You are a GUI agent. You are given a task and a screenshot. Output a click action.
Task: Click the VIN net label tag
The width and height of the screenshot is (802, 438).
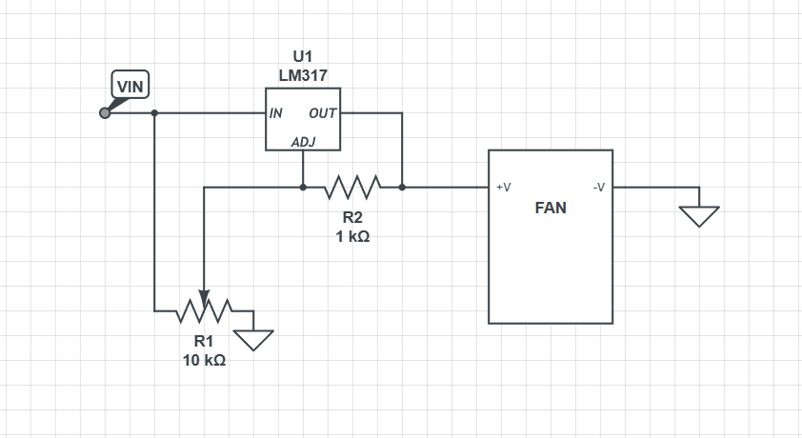tap(130, 85)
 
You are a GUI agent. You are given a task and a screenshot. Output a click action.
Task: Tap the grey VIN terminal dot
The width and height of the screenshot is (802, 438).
tap(105, 113)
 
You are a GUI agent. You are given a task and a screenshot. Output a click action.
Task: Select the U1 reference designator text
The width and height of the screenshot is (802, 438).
tap(302, 56)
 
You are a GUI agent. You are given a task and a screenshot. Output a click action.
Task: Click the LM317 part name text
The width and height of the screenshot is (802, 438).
tap(303, 75)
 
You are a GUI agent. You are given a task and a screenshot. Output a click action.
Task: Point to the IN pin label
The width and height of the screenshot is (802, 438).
tap(275, 113)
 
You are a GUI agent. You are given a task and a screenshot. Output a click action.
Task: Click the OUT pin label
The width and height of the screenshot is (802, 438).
tap(322, 113)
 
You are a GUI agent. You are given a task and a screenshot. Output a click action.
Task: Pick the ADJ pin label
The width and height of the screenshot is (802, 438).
tap(303, 142)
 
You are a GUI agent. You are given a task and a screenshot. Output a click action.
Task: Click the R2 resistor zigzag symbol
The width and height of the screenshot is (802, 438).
tap(352, 188)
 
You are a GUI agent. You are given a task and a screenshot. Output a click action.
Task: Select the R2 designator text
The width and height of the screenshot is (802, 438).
tap(352, 218)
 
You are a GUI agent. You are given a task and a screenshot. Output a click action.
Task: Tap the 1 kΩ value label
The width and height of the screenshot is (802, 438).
tap(352, 237)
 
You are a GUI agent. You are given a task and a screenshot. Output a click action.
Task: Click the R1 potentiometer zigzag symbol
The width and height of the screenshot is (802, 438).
tap(204, 310)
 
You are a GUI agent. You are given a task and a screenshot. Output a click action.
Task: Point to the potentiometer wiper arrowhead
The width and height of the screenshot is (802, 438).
tap(204, 297)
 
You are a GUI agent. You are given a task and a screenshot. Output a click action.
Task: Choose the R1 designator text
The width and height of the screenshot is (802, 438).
tap(203, 341)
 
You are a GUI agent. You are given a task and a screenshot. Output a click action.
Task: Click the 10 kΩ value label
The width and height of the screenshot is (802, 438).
tap(204, 360)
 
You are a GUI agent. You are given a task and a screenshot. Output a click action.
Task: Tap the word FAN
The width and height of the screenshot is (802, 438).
tap(551, 208)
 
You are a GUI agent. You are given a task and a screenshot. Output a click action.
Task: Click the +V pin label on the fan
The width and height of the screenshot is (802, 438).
tap(503, 188)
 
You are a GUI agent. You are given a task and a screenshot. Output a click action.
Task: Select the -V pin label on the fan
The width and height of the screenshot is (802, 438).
tap(599, 188)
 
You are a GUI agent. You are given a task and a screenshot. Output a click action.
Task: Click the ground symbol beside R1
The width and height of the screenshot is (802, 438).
tap(253, 340)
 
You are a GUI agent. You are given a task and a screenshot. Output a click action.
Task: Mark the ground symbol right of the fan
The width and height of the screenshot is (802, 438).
tap(699, 217)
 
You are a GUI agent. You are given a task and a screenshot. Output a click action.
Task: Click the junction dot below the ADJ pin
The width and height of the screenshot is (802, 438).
tap(303, 188)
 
